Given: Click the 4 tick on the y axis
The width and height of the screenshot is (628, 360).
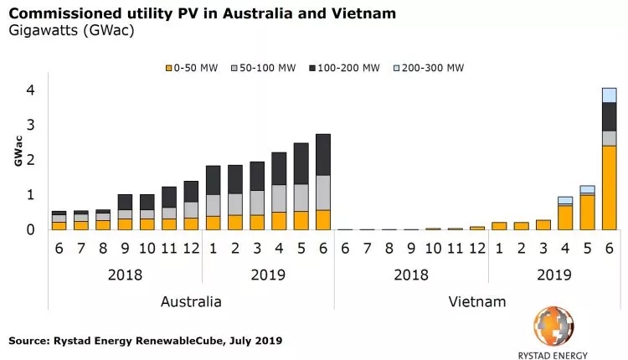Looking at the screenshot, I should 30,90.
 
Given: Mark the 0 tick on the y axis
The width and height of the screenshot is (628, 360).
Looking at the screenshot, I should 30,229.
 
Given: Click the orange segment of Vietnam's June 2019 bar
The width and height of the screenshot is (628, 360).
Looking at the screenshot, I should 609,187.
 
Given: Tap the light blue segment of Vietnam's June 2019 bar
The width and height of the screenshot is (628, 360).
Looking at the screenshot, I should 609,95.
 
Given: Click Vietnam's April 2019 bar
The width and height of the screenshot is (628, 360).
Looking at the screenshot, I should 565,213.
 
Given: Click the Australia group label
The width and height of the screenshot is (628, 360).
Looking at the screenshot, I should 191,301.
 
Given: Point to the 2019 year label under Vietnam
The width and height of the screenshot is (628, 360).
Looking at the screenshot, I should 554,275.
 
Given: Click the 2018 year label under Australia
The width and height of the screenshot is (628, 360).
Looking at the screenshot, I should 125,275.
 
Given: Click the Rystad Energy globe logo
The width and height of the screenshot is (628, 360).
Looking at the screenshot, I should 554,326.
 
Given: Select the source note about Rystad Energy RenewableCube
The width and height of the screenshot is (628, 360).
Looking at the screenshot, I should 146,341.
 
